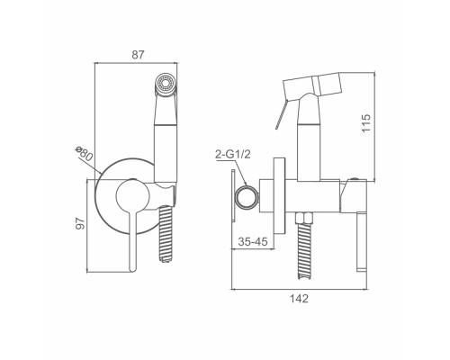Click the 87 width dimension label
[138, 55]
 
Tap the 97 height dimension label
[80, 223]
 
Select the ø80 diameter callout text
[85, 153]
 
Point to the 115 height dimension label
[366, 123]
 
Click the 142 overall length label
[299, 299]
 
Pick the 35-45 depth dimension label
[253, 241]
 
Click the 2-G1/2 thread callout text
[232, 155]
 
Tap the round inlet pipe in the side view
[247, 198]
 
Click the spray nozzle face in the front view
[166, 83]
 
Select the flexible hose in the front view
[166, 234]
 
